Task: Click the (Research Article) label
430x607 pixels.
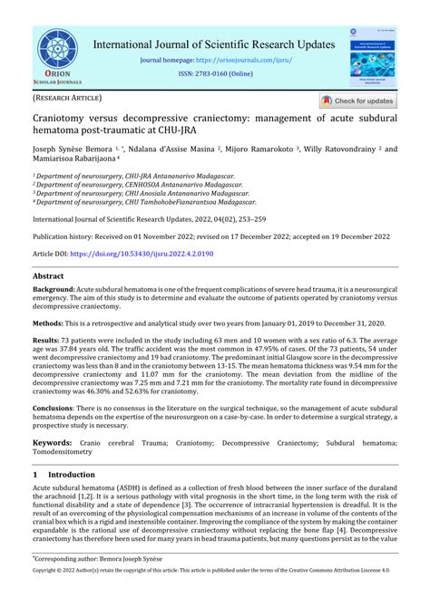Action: [67, 97]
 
